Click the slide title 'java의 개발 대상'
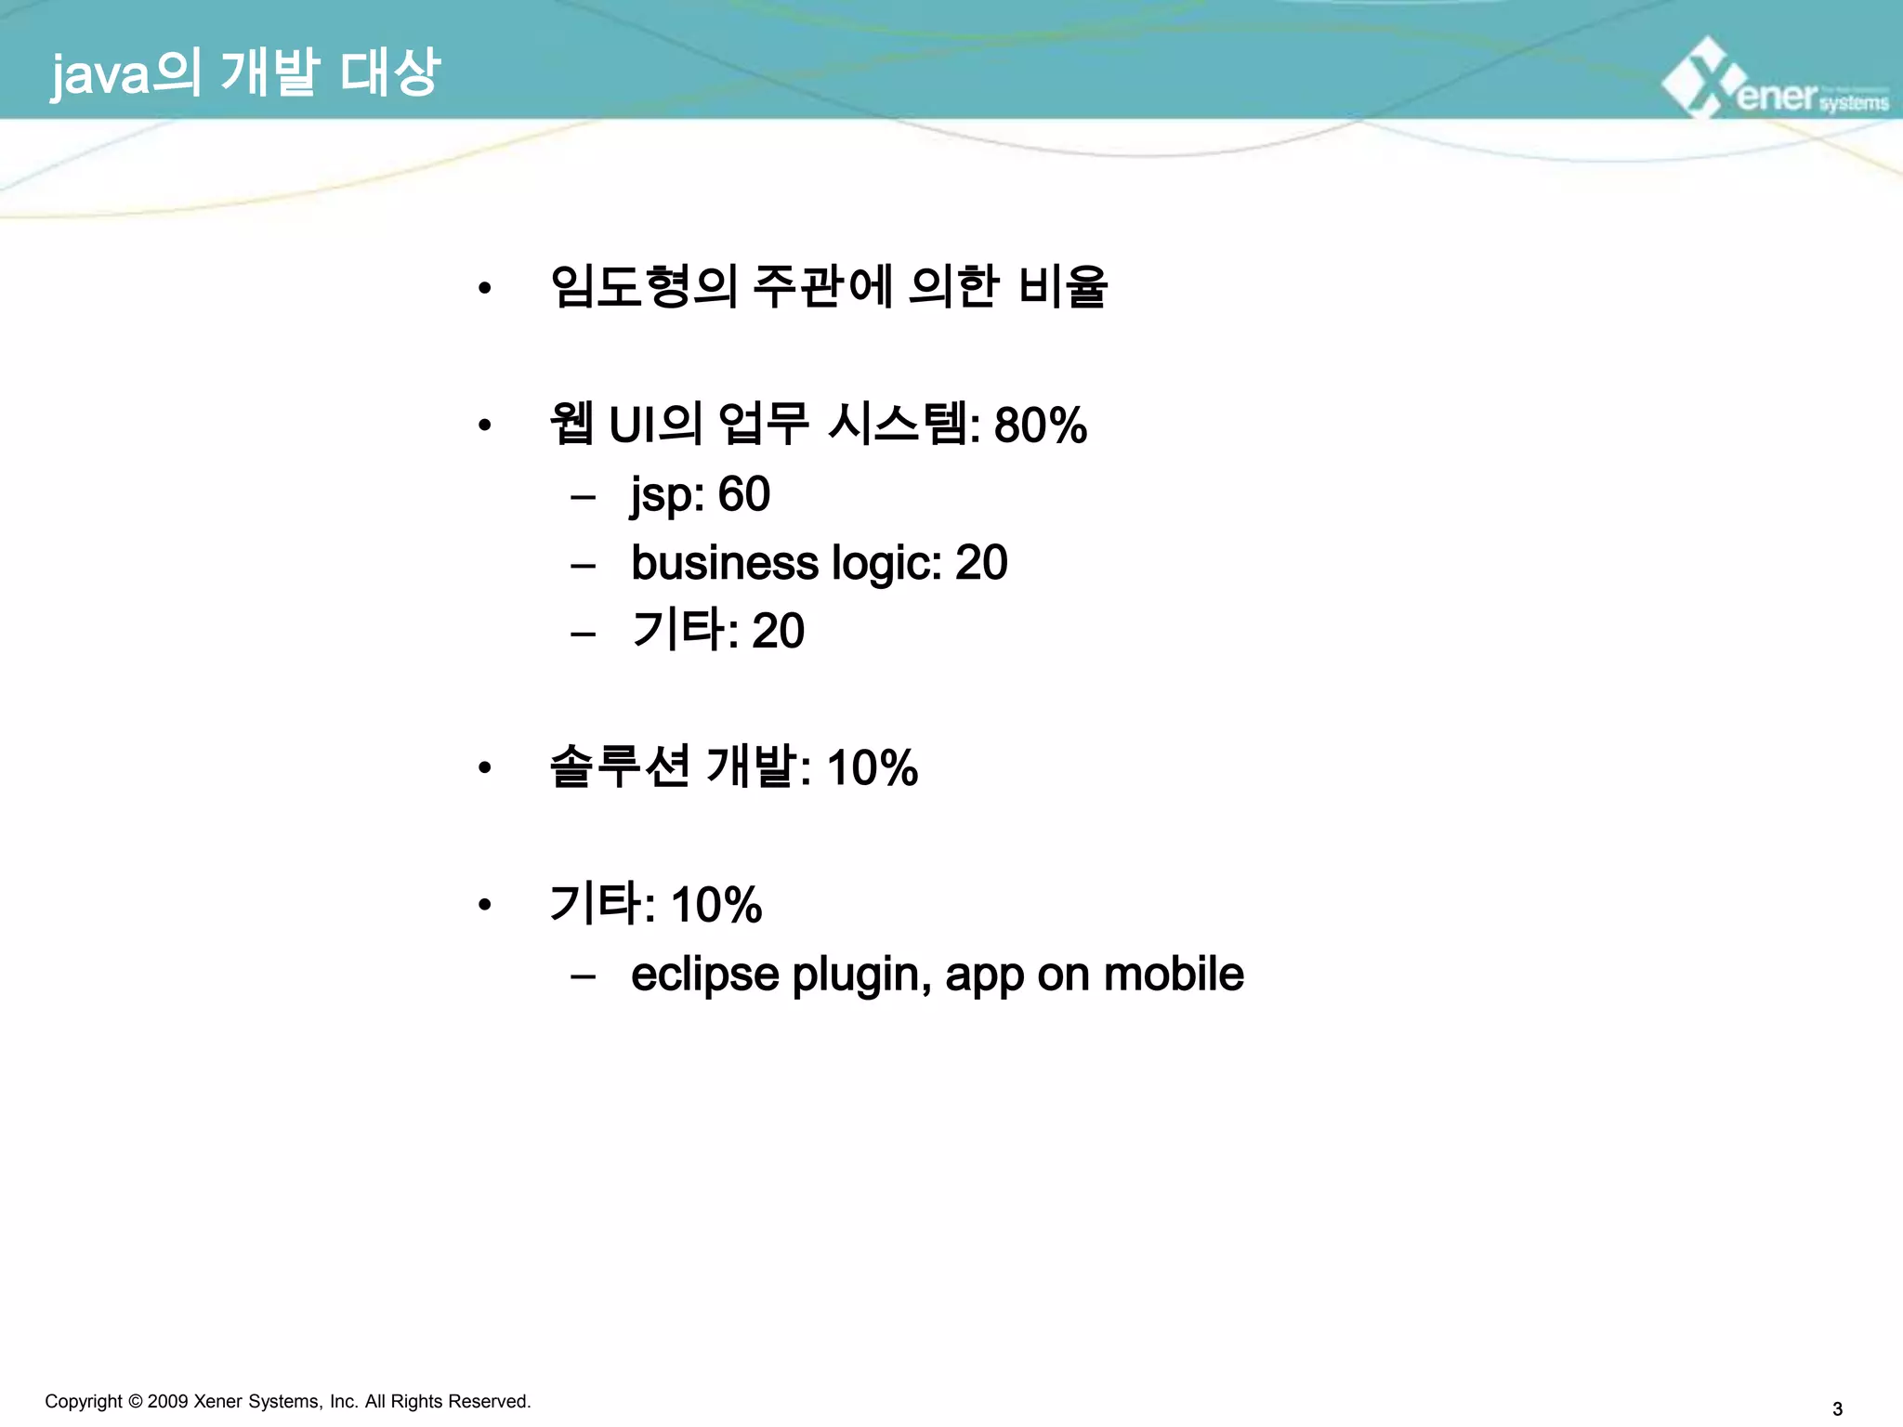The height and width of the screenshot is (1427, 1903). click(245, 73)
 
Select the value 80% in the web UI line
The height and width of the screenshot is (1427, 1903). click(1040, 425)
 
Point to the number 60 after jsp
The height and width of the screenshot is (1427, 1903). click(743, 494)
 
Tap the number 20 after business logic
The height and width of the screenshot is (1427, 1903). click(981, 563)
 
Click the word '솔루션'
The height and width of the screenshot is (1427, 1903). click(619, 767)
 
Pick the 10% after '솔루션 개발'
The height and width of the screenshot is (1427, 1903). click(872, 768)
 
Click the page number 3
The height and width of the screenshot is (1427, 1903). click(1837, 1408)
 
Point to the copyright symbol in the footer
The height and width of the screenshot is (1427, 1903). click(135, 1401)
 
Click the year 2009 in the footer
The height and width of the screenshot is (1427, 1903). click(167, 1401)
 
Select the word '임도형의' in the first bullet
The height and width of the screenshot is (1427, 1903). click(643, 286)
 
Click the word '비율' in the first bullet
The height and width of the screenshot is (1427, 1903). click(1063, 286)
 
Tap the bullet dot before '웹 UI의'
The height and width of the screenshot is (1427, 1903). click(484, 426)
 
